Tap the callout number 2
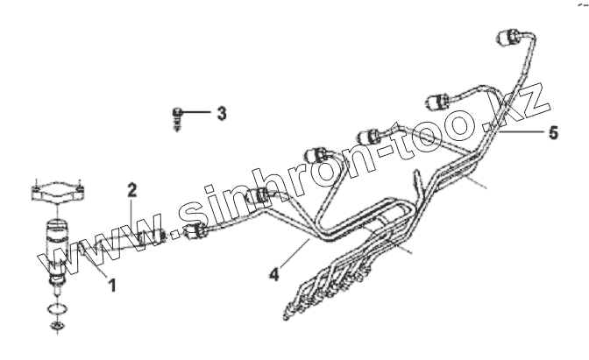(x=132, y=189)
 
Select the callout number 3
(x=222, y=113)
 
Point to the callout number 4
(x=273, y=273)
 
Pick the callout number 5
(x=553, y=134)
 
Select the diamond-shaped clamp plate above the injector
(x=59, y=194)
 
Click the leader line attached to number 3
(x=199, y=113)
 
